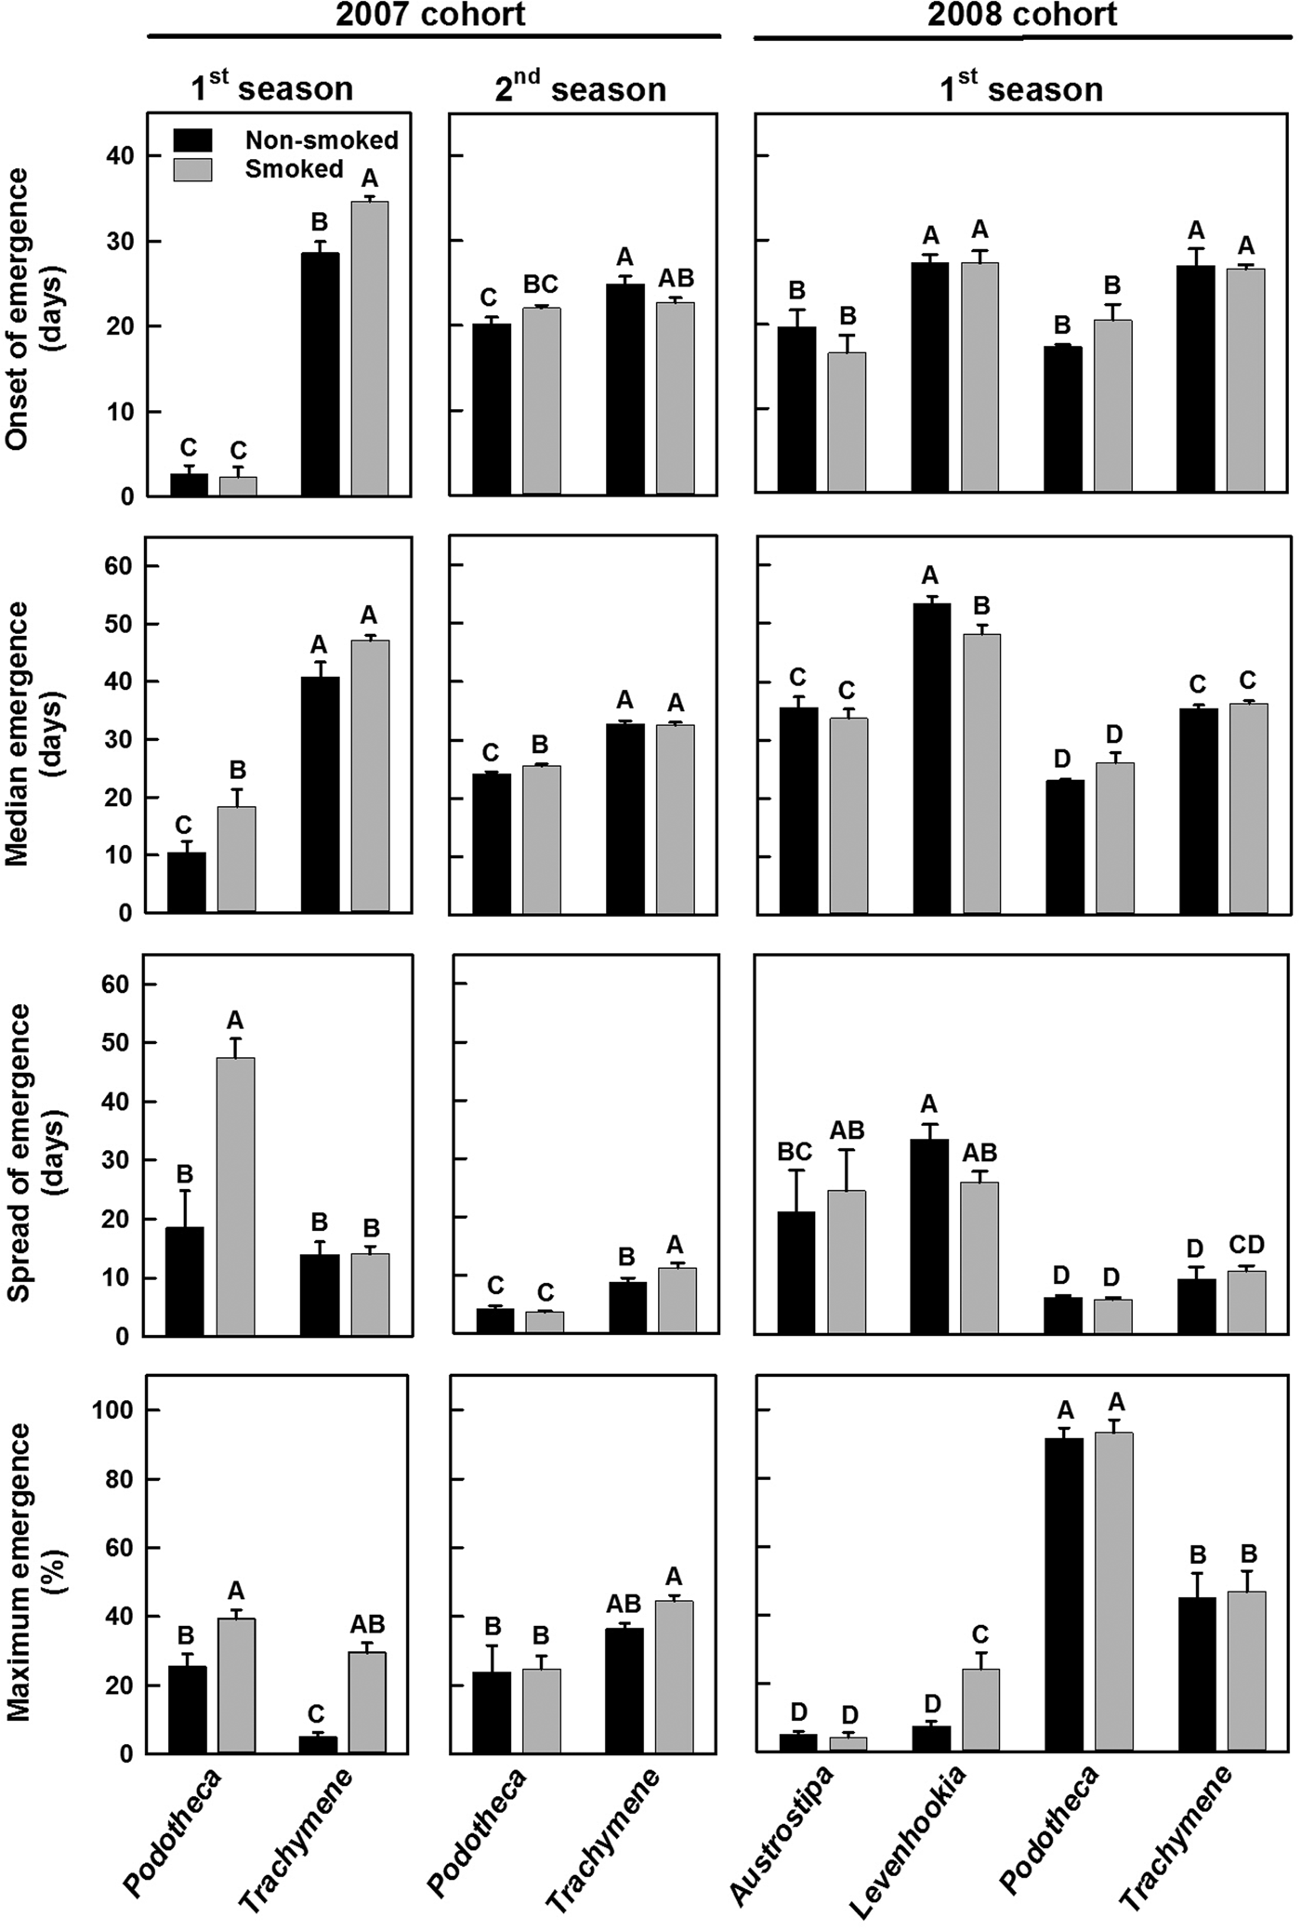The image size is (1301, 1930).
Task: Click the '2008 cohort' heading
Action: click(1022, 15)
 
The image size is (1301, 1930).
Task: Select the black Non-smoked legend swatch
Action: click(192, 140)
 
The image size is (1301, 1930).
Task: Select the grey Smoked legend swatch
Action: click(192, 169)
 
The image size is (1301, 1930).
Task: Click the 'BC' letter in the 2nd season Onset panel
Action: click(540, 284)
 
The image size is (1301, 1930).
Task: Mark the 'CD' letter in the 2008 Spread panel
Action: click(1246, 1245)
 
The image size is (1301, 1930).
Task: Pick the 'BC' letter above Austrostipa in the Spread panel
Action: click(795, 1152)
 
